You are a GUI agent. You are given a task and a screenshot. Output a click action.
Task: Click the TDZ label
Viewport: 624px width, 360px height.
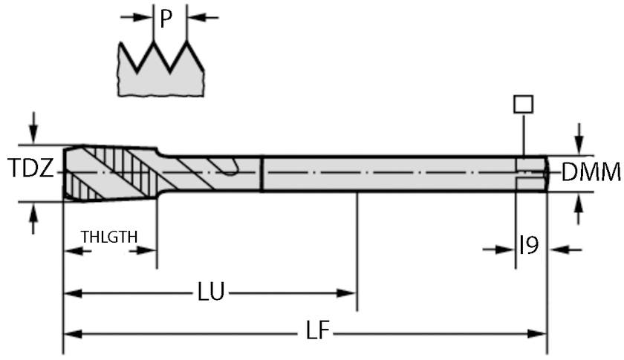coord(30,170)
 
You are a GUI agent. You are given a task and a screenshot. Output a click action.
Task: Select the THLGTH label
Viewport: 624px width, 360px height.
coord(109,237)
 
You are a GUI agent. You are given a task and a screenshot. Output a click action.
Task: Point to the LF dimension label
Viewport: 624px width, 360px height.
coord(317,332)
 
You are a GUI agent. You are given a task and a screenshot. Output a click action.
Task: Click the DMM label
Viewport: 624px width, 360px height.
coord(591,172)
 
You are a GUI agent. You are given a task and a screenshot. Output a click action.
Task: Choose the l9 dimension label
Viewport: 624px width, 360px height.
coord(528,246)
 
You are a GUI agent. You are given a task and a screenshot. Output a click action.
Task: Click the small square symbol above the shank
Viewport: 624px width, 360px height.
coord(523,104)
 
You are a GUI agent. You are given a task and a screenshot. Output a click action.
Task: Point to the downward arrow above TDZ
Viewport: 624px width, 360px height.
coord(32,124)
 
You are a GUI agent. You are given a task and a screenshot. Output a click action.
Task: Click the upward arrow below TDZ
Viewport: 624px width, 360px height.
coord(32,220)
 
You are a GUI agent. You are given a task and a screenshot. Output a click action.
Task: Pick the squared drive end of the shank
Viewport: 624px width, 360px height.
coord(532,173)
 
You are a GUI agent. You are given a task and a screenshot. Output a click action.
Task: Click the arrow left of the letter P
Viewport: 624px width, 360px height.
coord(137,16)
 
